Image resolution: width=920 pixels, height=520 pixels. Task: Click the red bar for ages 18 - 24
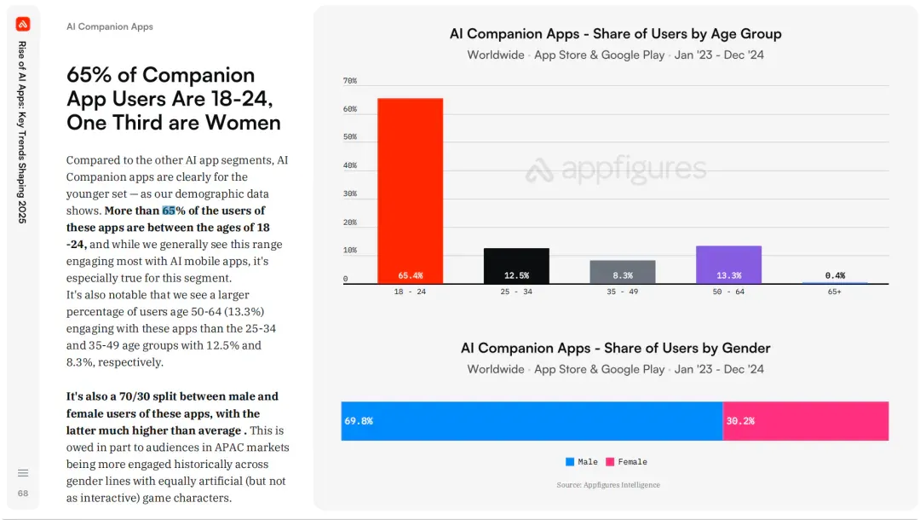(x=410, y=191)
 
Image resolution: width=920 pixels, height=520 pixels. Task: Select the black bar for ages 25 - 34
(x=516, y=266)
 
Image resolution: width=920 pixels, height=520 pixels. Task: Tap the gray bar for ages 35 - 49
(x=623, y=272)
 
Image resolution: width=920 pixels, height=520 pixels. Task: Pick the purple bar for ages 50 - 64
(x=728, y=265)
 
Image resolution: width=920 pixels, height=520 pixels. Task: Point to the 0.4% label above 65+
(x=835, y=275)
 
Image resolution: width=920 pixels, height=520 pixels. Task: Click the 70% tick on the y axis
(x=350, y=81)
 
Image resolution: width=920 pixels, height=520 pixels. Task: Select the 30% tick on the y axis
(x=350, y=194)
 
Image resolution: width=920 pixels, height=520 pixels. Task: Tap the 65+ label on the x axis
(x=834, y=292)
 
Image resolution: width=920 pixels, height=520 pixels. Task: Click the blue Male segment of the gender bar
(x=532, y=421)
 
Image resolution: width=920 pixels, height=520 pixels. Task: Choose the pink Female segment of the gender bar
(x=806, y=421)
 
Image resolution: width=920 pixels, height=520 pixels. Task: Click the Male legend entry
(x=582, y=462)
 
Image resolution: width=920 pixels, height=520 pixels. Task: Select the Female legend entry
(x=627, y=462)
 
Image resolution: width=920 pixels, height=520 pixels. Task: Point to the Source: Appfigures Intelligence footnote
(x=608, y=485)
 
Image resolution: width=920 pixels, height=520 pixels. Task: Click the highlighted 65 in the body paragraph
(x=169, y=211)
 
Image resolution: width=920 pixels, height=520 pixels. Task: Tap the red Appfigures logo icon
(x=23, y=24)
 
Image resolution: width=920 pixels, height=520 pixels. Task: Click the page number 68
(x=23, y=494)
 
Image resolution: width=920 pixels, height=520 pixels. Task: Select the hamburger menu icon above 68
(x=23, y=473)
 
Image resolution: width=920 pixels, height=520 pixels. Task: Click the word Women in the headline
(x=243, y=123)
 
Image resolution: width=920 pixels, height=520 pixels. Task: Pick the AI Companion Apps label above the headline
(x=110, y=26)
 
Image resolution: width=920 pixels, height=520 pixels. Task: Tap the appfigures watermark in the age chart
(x=616, y=169)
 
